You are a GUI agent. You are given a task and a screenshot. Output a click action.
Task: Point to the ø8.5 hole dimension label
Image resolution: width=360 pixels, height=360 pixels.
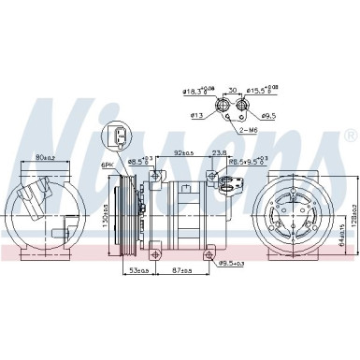point(138,162)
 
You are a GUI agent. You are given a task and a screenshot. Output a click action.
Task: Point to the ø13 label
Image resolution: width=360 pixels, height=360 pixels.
point(196,116)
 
